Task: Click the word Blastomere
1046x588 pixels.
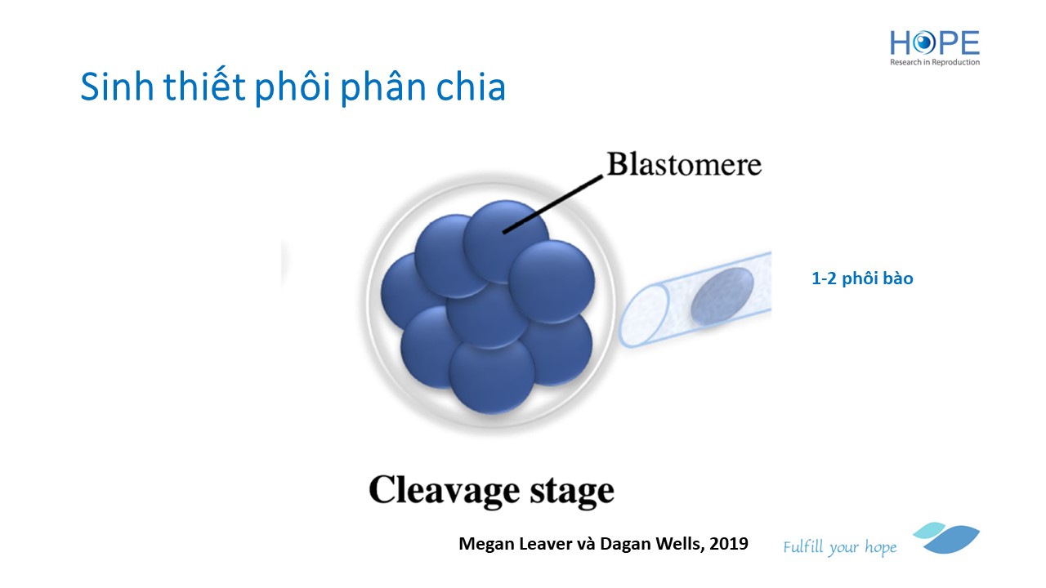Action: (683, 165)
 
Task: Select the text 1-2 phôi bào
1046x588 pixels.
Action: (862, 278)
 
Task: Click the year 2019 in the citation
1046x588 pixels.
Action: (729, 543)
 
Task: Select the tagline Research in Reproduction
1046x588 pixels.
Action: (935, 62)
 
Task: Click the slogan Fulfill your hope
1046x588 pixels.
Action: (839, 547)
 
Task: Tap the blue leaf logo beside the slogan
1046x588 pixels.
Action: (948, 538)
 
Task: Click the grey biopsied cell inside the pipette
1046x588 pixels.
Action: (722, 296)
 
